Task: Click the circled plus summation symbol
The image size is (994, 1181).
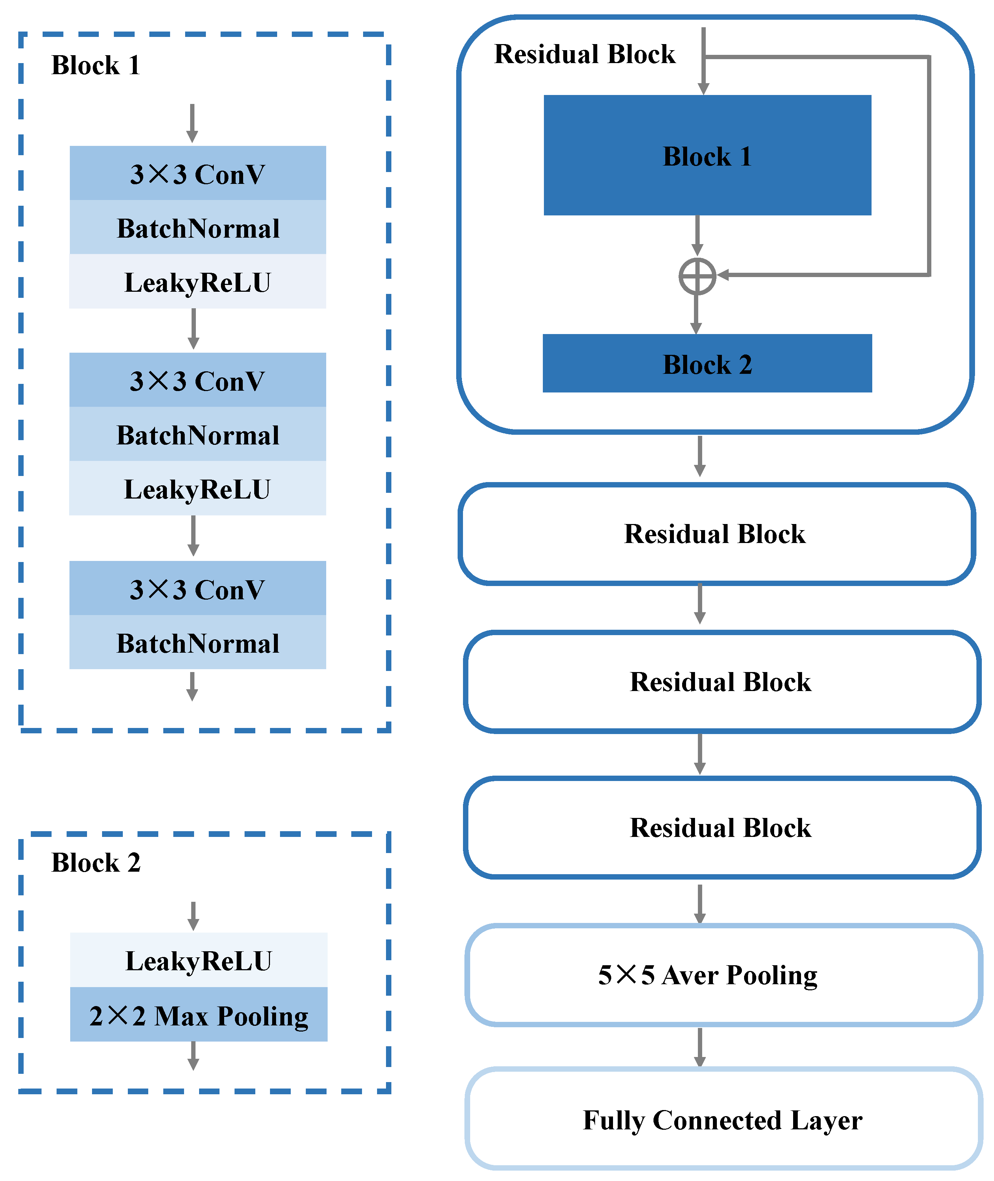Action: point(697,276)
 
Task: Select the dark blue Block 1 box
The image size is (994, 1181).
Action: point(707,155)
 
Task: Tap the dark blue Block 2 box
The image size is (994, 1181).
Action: point(707,363)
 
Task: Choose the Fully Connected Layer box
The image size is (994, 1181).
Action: point(724,1119)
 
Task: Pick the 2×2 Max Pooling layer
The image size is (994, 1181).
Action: point(198,1015)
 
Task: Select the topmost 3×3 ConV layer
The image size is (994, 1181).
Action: point(198,173)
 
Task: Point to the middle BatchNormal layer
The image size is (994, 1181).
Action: point(198,434)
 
